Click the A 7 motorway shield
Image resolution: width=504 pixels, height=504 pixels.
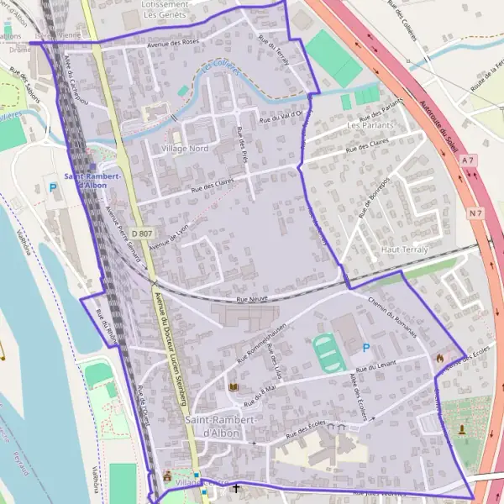[468, 160]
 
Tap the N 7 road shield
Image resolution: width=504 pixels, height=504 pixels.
[476, 213]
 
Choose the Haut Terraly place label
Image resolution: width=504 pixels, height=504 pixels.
[404, 249]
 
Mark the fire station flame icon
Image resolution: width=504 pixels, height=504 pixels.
[439, 358]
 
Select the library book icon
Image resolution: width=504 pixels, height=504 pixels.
[234, 387]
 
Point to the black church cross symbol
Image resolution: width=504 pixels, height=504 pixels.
[236, 488]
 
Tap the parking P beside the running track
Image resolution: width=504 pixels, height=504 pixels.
[365, 348]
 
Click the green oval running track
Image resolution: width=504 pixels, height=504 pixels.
[328, 353]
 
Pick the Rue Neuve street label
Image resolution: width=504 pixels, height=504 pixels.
[252, 298]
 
